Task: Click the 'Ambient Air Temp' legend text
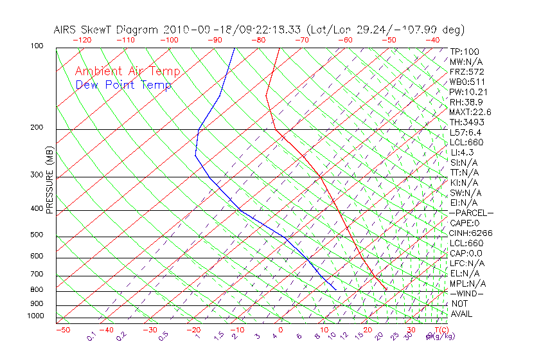coord(127,71)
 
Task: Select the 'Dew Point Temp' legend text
coord(123,85)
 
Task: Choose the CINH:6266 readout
coord(471,233)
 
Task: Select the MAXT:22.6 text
coord(470,112)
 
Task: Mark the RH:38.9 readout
coord(466,102)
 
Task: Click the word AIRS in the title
coord(66,30)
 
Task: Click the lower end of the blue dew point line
coord(335,289)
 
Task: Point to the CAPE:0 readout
coord(466,222)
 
